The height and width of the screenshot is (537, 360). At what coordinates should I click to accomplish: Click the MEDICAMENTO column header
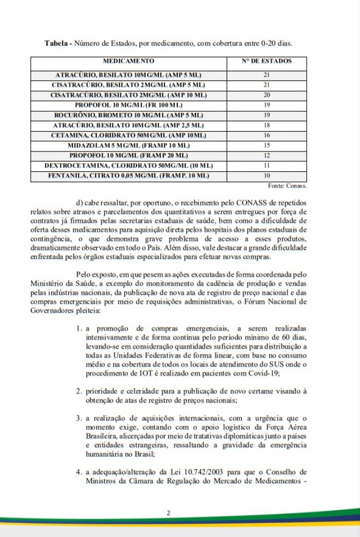[128, 61]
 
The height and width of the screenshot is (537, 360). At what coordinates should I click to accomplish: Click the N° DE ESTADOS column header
[267, 61]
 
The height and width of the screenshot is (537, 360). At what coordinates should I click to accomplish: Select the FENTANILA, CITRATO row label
[128, 176]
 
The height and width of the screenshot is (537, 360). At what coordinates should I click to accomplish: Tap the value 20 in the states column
[267, 95]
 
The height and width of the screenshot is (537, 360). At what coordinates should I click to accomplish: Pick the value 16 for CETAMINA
[267, 135]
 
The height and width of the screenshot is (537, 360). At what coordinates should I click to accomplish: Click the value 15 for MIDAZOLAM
[267, 146]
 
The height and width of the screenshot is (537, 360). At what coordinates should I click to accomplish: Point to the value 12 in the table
[267, 156]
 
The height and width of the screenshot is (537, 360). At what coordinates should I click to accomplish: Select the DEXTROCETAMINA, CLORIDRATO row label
[128, 165]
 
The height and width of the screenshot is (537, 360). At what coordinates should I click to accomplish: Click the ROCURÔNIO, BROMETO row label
[128, 115]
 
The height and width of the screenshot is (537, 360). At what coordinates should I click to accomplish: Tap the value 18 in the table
[267, 125]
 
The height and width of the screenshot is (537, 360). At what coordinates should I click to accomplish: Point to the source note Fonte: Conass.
[287, 186]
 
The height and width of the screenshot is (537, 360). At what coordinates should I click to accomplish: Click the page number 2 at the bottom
[168, 513]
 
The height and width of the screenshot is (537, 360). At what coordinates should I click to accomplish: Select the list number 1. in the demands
[78, 328]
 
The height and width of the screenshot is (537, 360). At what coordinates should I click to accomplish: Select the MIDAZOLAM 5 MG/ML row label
[128, 146]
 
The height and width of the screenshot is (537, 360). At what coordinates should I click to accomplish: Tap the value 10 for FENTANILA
[267, 176]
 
